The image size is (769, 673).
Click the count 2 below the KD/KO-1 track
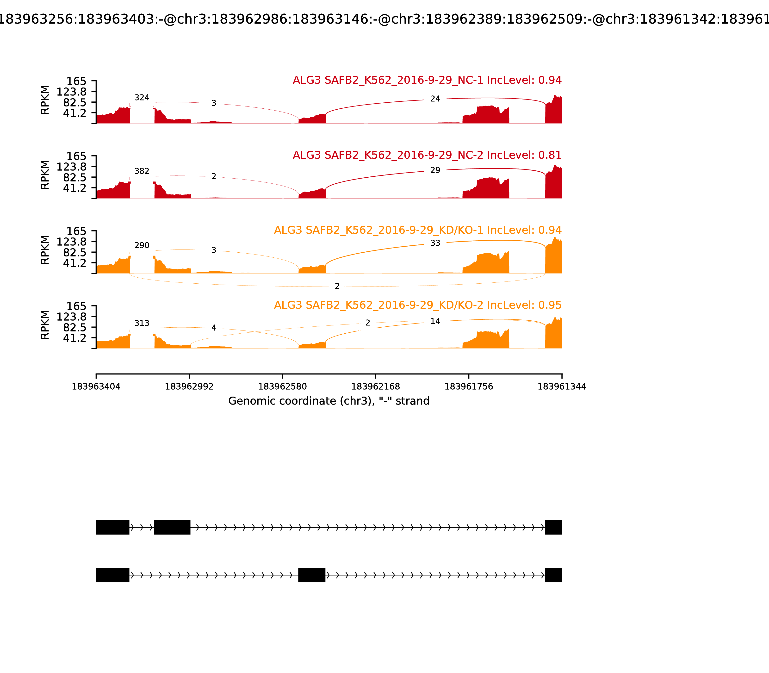(x=337, y=287)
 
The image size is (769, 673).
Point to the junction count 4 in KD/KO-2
(x=214, y=328)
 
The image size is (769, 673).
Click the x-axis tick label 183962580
(x=282, y=387)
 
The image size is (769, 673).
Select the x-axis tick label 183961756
(x=469, y=387)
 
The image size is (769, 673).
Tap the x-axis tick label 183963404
(x=96, y=387)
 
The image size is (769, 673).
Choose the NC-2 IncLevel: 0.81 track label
(x=427, y=155)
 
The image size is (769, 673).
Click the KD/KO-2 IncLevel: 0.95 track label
(x=418, y=305)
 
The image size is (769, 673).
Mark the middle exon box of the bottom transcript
(x=312, y=575)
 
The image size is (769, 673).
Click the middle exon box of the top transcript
(x=172, y=527)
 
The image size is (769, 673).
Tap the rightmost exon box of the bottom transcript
(x=553, y=575)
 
